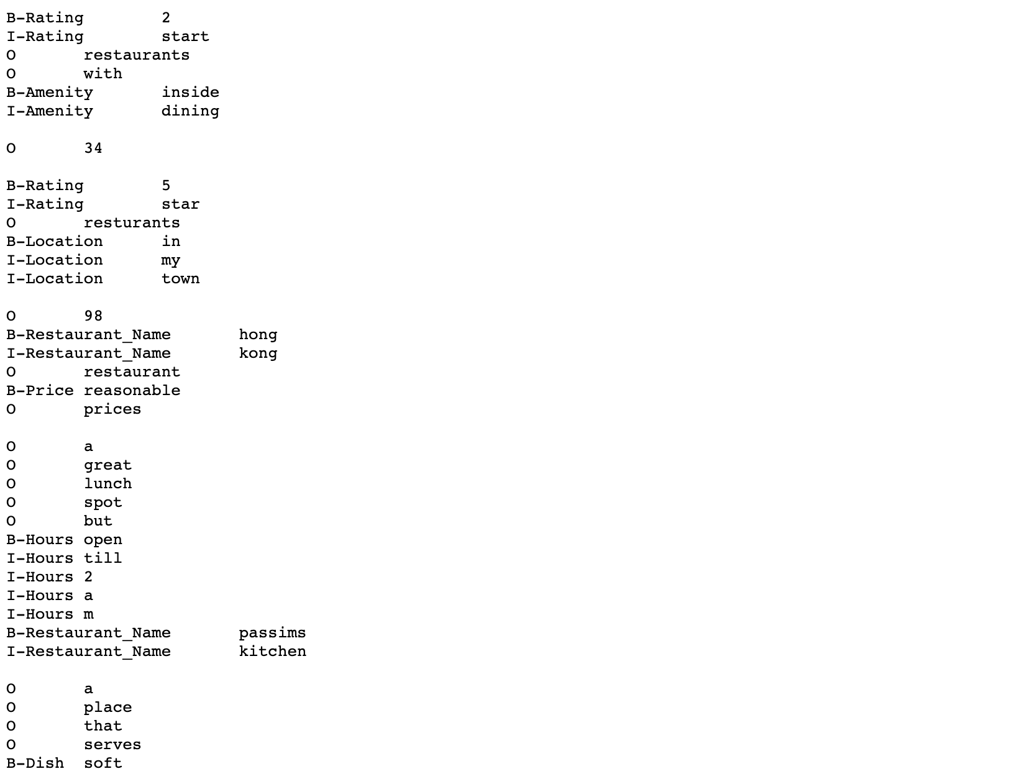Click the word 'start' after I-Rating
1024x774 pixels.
click(185, 37)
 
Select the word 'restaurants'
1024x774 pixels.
click(137, 55)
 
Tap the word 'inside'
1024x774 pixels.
click(190, 93)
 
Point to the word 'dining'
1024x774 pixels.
click(190, 111)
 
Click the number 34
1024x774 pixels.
click(93, 148)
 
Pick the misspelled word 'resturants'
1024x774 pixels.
click(132, 223)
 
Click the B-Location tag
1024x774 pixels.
click(55, 242)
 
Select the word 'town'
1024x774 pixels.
click(180, 279)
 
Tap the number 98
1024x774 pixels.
click(93, 316)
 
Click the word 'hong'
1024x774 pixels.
click(258, 335)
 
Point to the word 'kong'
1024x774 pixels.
click(258, 353)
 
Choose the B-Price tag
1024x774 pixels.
click(40, 391)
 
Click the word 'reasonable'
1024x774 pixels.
click(132, 391)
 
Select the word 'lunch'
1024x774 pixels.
click(107, 484)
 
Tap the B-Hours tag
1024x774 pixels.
click(40, 540)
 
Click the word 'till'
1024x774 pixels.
click(103, 558)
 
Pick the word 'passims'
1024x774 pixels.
click(272, 633)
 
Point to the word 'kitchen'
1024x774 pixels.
click(272, 652)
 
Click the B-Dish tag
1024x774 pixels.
click(35, 763)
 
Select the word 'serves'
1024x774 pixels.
click(112, 745)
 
